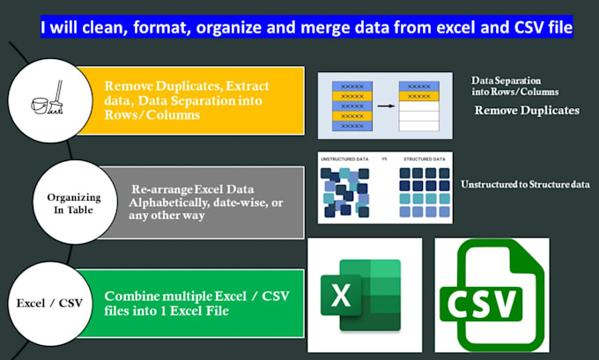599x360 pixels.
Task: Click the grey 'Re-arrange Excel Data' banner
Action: (201, 202)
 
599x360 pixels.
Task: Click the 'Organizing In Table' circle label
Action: (74, 202)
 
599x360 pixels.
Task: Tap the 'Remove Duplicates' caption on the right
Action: (527, 111)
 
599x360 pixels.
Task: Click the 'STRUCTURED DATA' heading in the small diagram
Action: (422, 159)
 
